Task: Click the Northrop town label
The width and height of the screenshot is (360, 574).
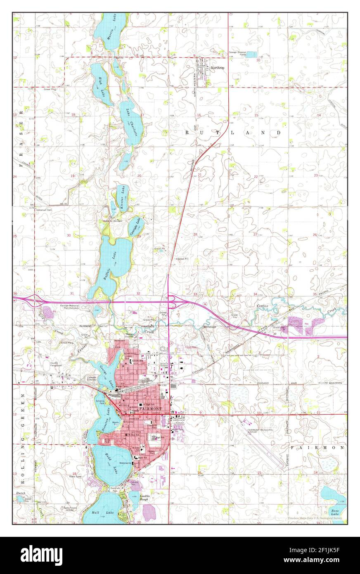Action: click(x=217, y=68)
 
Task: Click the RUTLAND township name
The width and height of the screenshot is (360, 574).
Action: click(x=232, y=133)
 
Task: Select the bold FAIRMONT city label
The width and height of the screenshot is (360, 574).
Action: click(x=151, y=408)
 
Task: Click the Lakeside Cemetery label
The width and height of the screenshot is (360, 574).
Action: click(x=92, y=378)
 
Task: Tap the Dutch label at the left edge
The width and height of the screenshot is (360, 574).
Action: click(x=21, y=493)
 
